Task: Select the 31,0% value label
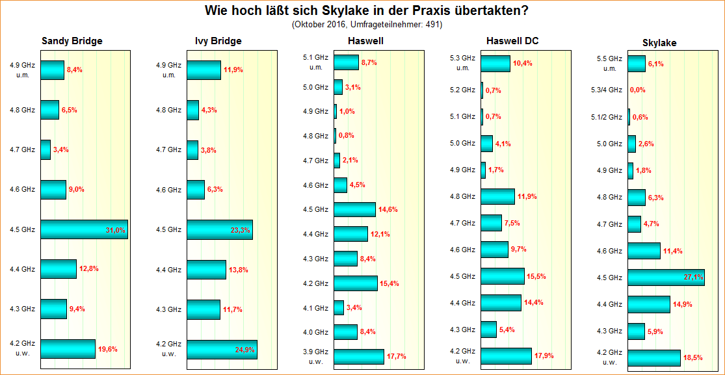click(115, 229)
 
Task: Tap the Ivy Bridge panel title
click(218, 41)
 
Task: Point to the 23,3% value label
click(240, 229)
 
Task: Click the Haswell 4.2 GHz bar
click(355, 283)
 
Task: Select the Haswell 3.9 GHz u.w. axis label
click(316, 357)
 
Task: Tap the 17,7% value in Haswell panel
click(396, 356)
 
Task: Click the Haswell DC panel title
click(512, 41)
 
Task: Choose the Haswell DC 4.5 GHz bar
click(502, 276)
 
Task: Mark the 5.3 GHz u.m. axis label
click(463, 63)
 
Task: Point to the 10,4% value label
click(522, 63)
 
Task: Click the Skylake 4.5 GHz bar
click(666, 278)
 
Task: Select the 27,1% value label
click(694, 278)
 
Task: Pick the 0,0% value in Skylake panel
click(638, 90)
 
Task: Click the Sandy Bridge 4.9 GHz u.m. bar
click(52, 70)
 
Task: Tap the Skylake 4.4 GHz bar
click(649, 304)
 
